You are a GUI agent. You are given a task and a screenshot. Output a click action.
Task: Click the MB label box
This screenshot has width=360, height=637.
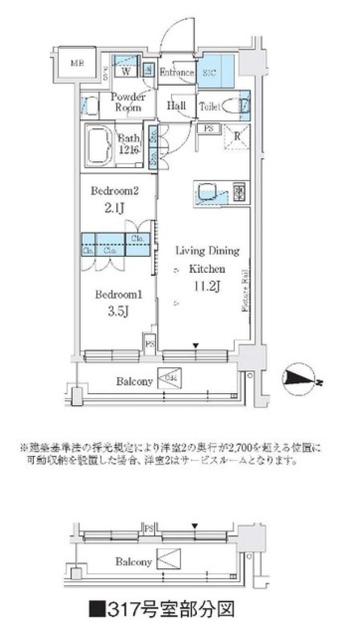(77, 63)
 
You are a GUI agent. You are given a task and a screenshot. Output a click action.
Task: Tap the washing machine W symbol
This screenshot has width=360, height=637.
(126, 71)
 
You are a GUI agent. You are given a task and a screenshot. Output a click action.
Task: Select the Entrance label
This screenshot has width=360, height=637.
(177, 72)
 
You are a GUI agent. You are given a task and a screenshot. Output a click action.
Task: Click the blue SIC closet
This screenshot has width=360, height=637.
(216, 71)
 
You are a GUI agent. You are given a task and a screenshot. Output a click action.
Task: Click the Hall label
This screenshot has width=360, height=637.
(176, 105)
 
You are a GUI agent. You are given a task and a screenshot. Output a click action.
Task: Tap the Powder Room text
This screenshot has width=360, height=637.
(128, 102)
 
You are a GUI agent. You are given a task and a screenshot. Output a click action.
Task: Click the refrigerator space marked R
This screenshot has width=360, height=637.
(237, 137)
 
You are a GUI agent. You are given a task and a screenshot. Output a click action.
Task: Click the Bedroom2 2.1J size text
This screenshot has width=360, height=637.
(114, 207)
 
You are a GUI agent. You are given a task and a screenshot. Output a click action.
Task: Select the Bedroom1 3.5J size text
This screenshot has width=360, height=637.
(118, 311)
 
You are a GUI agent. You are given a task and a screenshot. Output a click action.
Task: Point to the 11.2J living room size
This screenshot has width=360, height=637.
(207, 286)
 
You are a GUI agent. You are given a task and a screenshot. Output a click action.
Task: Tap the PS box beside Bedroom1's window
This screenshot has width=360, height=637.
(150, 343)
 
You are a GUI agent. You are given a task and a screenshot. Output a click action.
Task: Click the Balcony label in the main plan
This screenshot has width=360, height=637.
(134, 382)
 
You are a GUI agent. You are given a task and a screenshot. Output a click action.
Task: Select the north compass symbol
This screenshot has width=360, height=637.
(299, 379)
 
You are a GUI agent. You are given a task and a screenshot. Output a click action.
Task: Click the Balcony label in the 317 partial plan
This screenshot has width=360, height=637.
(133, 562)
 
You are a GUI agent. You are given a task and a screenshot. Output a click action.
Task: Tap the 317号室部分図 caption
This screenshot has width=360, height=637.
(162, 609)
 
